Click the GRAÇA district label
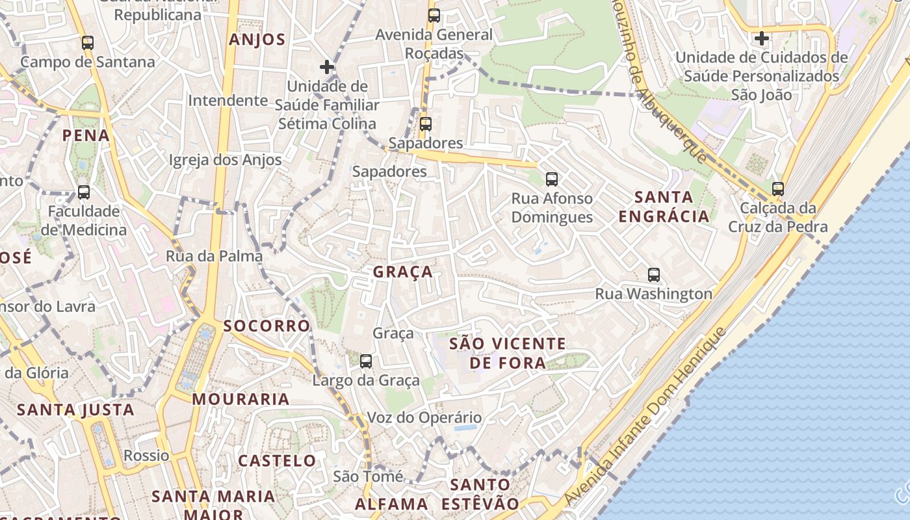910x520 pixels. [x=403, y=272]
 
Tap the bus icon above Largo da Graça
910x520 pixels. [x=366, y=361]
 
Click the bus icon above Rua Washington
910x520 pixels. [x=654, y=275]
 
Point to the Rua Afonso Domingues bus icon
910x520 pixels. [x=552, y=179]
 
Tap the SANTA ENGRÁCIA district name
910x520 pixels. [x=664, y=206]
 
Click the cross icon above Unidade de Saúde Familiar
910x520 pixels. [x=327, y=67]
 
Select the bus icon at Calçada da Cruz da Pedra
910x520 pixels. [x=778, y=189]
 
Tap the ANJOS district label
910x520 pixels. [x=257, y=40]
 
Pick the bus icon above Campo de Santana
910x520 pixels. [x=88, y=43]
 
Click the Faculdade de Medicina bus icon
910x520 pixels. [x=84, y=192]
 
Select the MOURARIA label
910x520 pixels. [x=240, y=399]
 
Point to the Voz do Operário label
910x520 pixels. [x=424, y=417]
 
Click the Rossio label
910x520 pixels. [x=146, y=456]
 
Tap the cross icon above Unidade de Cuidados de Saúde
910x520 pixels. [x=761, y=38]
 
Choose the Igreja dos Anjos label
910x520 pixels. [x=225, y=160]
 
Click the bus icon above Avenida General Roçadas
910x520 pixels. [x=434, y=16]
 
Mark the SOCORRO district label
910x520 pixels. [x=266, y=326]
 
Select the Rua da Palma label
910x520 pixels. [x=214, y=256]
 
